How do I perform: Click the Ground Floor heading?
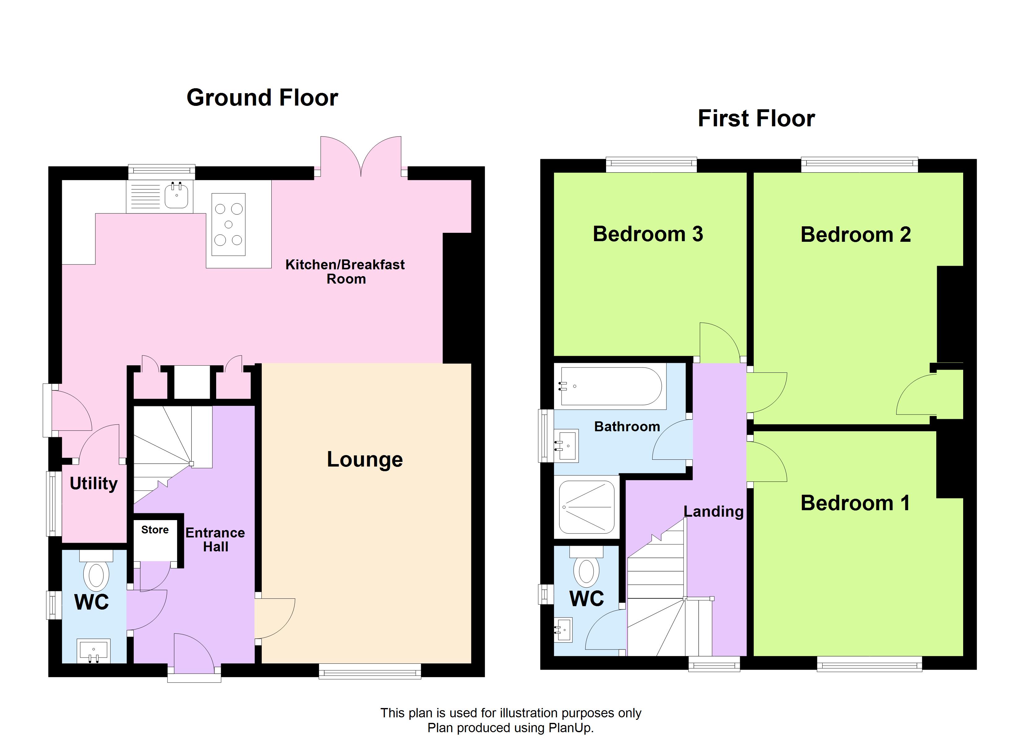click(262, 98)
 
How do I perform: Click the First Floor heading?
click(756, 119)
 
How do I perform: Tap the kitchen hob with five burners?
click(229, 224)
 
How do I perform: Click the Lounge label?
click(365, 460)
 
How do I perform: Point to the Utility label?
click(94, 484)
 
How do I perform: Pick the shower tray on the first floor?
click(586, 507)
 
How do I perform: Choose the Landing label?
click(713, 512)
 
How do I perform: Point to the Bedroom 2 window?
click(859, 164)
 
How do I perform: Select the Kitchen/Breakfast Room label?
click(345, 272)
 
